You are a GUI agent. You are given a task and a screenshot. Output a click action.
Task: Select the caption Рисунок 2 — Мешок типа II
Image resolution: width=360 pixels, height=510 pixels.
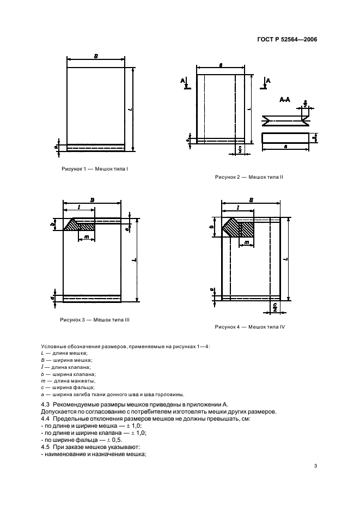(x=249, y=177)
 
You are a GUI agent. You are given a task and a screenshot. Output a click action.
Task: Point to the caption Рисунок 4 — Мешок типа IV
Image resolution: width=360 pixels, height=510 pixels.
(x=251, y=327)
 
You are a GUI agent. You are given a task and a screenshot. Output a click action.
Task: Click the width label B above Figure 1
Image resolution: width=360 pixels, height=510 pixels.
(x=96, y=56)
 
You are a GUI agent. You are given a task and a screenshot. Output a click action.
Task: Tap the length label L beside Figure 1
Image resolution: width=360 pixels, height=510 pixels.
(x=130, y=108)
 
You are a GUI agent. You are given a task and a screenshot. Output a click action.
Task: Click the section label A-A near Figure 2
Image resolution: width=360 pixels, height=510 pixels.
(x=284, y=100)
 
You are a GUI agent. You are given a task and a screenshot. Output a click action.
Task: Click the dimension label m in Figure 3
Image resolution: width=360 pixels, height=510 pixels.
(x=87, y=238)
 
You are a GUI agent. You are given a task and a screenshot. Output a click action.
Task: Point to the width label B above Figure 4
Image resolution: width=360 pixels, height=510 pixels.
(x=251, y=201)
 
